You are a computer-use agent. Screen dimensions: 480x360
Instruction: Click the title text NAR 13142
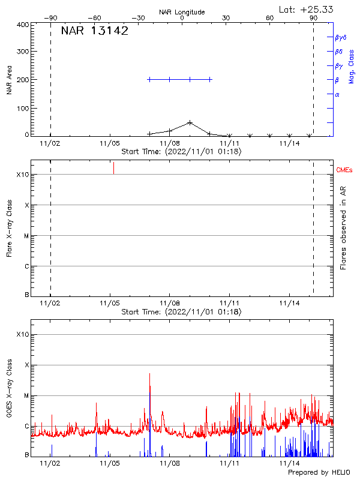(x=95, y=32)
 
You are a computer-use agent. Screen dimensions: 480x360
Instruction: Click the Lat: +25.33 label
(x=307, y=9)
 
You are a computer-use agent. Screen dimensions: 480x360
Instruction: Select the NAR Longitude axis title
(x=182, y=12)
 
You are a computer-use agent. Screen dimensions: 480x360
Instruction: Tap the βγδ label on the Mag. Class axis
(x=340, y=37)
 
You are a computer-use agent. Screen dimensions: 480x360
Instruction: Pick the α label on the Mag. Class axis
(x=337, y=94)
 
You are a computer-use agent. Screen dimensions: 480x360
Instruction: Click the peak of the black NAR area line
(x=190, y=122)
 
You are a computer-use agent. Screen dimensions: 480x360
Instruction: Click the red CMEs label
(x=344, y=171)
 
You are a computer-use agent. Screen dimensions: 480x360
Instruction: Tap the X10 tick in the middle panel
(x=23, y=175)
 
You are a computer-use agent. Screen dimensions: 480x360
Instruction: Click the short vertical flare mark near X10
(x=113, y=168)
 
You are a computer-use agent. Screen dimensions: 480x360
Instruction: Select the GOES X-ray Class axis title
(x=9, y=392)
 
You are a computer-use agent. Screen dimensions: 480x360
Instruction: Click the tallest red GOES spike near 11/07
(x=149, y=374)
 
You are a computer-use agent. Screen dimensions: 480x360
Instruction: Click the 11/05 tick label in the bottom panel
(x=110, y=464)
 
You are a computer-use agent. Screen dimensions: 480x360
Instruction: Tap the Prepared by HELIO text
(x=319, y=473)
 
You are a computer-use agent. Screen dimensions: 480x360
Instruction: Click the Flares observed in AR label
(x=344, y=227)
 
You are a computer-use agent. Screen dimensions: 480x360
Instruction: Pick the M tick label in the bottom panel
(x=27, y=396)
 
